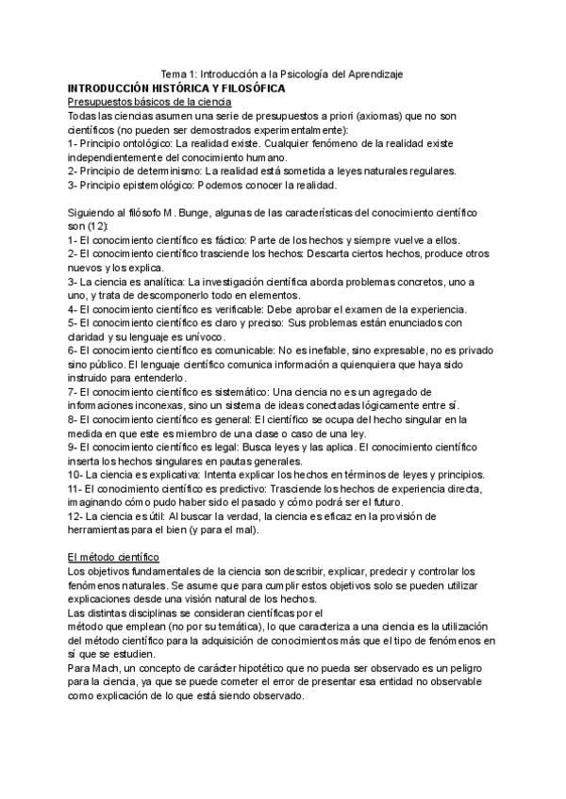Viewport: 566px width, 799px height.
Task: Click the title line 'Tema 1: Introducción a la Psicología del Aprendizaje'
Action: (x=283, y=73)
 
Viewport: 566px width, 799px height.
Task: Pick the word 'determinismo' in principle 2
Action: (x=167, y=171)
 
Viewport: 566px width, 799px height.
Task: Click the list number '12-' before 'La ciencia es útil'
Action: (x=76, y=516)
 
